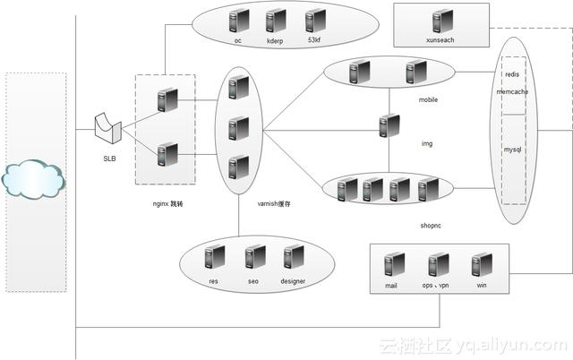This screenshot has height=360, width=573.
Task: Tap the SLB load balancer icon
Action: (108, 128)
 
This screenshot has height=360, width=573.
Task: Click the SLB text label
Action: (109, 159)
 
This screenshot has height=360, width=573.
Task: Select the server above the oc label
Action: (238, 21)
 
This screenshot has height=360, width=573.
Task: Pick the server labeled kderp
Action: (276, 21)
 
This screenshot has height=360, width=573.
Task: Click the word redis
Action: (512, 75)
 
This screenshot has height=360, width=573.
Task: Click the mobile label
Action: (428, 100)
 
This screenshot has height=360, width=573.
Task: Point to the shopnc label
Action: (431, 226)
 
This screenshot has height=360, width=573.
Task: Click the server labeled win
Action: (481, 265)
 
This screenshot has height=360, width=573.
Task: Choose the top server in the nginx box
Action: (165, 99)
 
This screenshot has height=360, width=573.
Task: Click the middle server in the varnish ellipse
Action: (237, 128)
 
